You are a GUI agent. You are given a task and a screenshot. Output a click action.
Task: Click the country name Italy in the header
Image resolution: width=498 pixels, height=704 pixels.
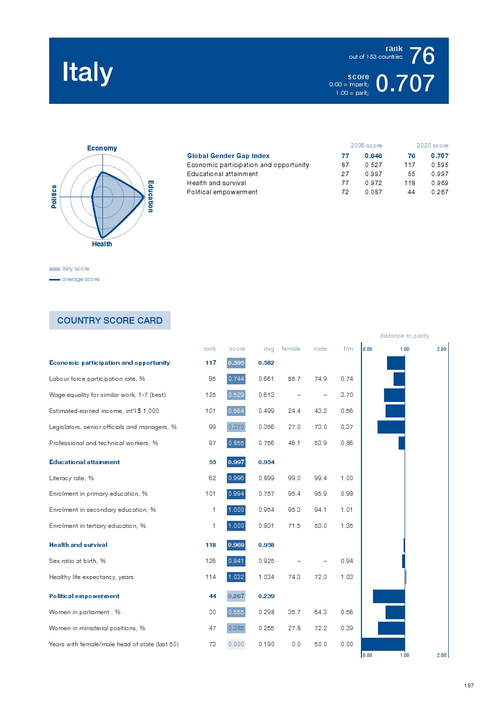pos(87,72)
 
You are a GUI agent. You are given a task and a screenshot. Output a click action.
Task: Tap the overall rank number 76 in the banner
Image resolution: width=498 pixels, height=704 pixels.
pos(422,56)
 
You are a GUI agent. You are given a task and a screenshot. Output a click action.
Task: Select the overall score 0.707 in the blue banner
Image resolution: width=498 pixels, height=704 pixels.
pos(405,83)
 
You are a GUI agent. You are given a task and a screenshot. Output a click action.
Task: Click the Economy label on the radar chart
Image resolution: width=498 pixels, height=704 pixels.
pos(102,148)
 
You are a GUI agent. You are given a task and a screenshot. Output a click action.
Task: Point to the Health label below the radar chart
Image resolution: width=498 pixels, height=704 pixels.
pos(102,244)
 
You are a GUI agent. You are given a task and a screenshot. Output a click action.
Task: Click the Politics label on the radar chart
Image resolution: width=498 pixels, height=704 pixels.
pos(54,196)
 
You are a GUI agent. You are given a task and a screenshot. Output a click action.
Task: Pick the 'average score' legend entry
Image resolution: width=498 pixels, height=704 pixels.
pos(80,279)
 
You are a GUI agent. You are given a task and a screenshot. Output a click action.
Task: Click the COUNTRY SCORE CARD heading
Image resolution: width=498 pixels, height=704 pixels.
pos(110,320)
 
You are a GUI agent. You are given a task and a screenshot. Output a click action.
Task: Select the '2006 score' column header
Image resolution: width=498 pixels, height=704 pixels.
pos(366,146)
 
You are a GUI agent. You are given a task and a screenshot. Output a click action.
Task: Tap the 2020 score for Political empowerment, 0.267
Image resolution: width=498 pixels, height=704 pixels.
pos(439,192)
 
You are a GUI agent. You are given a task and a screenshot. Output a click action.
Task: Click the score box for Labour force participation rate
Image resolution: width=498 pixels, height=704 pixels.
pos(236,379)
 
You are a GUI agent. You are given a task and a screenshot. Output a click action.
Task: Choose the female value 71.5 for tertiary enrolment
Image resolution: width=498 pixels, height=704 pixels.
pos(294,526)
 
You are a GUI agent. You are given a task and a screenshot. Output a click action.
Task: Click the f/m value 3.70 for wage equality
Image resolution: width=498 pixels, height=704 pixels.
pos(346,395)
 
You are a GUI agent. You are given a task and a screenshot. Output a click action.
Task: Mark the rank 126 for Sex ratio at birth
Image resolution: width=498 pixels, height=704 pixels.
pos(210,561)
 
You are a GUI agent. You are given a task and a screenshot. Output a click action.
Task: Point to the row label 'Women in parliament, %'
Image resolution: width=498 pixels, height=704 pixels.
pos(85,612)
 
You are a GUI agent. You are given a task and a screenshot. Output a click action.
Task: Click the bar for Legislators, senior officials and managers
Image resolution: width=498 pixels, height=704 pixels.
pos(391,427)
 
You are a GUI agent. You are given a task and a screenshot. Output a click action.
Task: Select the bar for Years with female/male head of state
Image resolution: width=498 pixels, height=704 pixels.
pos(383,644)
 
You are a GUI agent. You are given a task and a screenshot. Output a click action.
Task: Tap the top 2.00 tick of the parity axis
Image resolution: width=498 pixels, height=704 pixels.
pos(441,349)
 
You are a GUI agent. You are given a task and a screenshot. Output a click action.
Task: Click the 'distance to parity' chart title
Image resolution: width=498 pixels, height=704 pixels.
pos(405,336)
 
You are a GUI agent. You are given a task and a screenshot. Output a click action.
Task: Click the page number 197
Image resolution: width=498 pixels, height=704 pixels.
pos(468,685)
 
